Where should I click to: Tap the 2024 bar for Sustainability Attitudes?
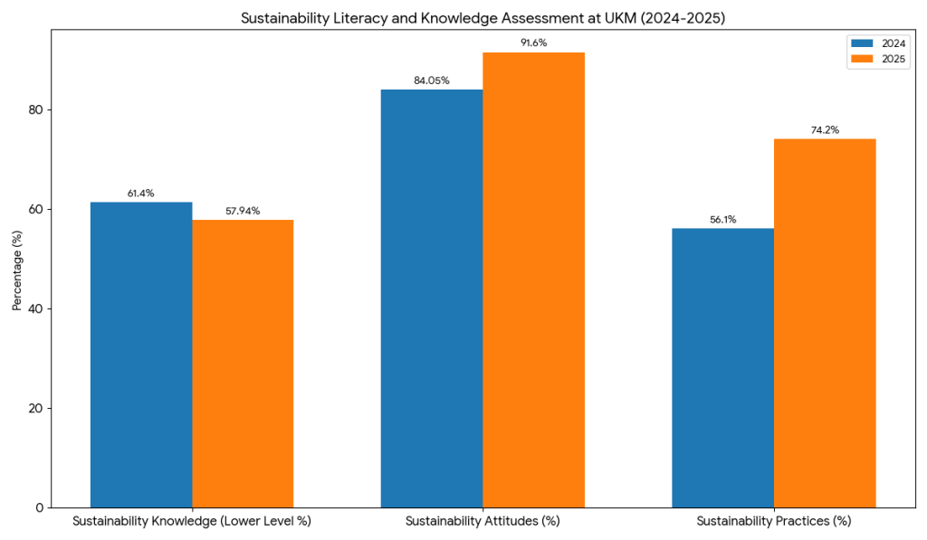[432, 298]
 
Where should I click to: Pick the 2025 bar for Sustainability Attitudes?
[533, 279]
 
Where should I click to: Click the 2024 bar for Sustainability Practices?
[722, 367]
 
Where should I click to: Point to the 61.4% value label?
[141, 193]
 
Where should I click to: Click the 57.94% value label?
[243, 211]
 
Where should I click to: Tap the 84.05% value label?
[432, 81]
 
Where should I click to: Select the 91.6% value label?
[533, 43]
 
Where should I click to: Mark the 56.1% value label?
[722, 219]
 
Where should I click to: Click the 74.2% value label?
[825, 129]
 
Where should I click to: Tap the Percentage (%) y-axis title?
[16, 272]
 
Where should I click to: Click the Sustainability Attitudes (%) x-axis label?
[483, 522]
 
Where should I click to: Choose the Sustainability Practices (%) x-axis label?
[773, 522]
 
